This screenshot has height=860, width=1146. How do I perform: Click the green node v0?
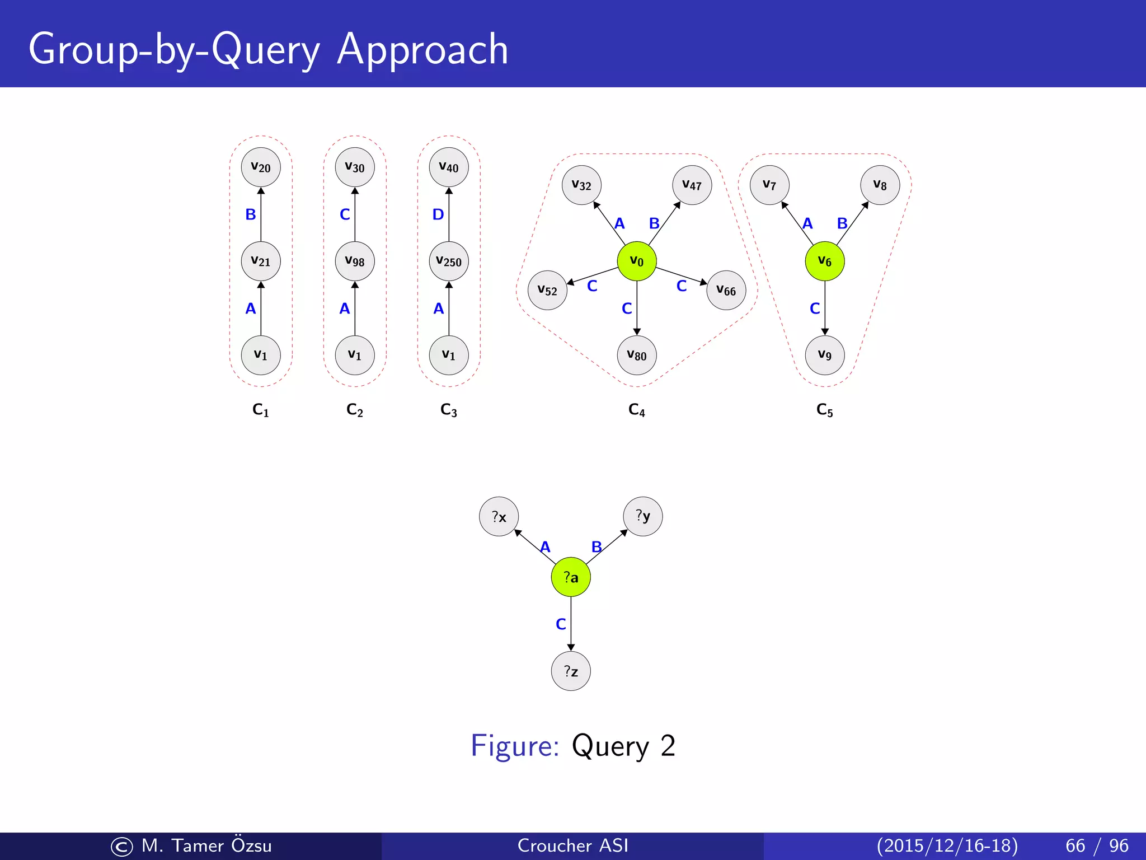click(x=636, y=261)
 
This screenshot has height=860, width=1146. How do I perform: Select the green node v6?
click(x=824, y=261)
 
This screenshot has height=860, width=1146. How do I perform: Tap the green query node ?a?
click(x=571, y=577)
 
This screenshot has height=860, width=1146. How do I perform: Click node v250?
click(x=449, y=261)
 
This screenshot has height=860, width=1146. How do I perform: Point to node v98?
click(x=355, y=261)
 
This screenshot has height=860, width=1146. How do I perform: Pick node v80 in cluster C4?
click(x=636, y=355)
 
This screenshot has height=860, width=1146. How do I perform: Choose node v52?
click(x=547, y=290)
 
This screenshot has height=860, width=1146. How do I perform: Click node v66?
click(x=726, y=290)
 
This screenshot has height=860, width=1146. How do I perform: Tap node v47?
click(x=692, y=185)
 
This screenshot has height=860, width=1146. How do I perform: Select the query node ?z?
click(x=571, y=671)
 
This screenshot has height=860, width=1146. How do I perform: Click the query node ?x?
click(x=499, y=516)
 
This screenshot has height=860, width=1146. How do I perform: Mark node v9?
click(x=824, y=355)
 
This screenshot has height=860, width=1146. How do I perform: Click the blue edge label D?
click(x=438, y=214)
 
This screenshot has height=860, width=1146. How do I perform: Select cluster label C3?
click(x=449, y=410)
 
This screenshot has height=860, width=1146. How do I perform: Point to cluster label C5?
click(x=824, y=410)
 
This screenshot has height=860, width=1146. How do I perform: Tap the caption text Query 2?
click(x=623, y=746)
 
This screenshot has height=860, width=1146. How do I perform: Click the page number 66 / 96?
click(x=1097, y=845)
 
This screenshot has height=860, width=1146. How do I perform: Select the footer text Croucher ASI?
click(x=572, y=845)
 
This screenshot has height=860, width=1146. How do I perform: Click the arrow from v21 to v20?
click(x=261, y=215)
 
